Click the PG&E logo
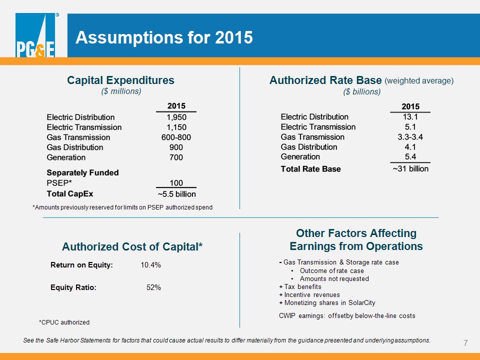tap(35, 35)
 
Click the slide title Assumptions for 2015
tap(164, 37)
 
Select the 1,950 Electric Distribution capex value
tap(176, 117)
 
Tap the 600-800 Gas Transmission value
tap(176, 137)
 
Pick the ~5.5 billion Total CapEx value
tap(176, 194)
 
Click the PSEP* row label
tap(59, 183)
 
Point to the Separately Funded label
tap(82, 172)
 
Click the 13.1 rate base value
tap(410, 117)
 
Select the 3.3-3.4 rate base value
tap(410, 137)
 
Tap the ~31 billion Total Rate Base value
tap(410, 168)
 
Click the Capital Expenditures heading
tap(120, 80)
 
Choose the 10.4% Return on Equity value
tap(150, 265)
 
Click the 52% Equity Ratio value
tap(153, 287)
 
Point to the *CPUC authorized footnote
tap(64, 322)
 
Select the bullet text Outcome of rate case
tap(332, 271)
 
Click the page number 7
tap(465, 343)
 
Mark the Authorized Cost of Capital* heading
tap(132, 246)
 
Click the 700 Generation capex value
tap(176, 157)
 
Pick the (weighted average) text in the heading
tap(419, 81)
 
